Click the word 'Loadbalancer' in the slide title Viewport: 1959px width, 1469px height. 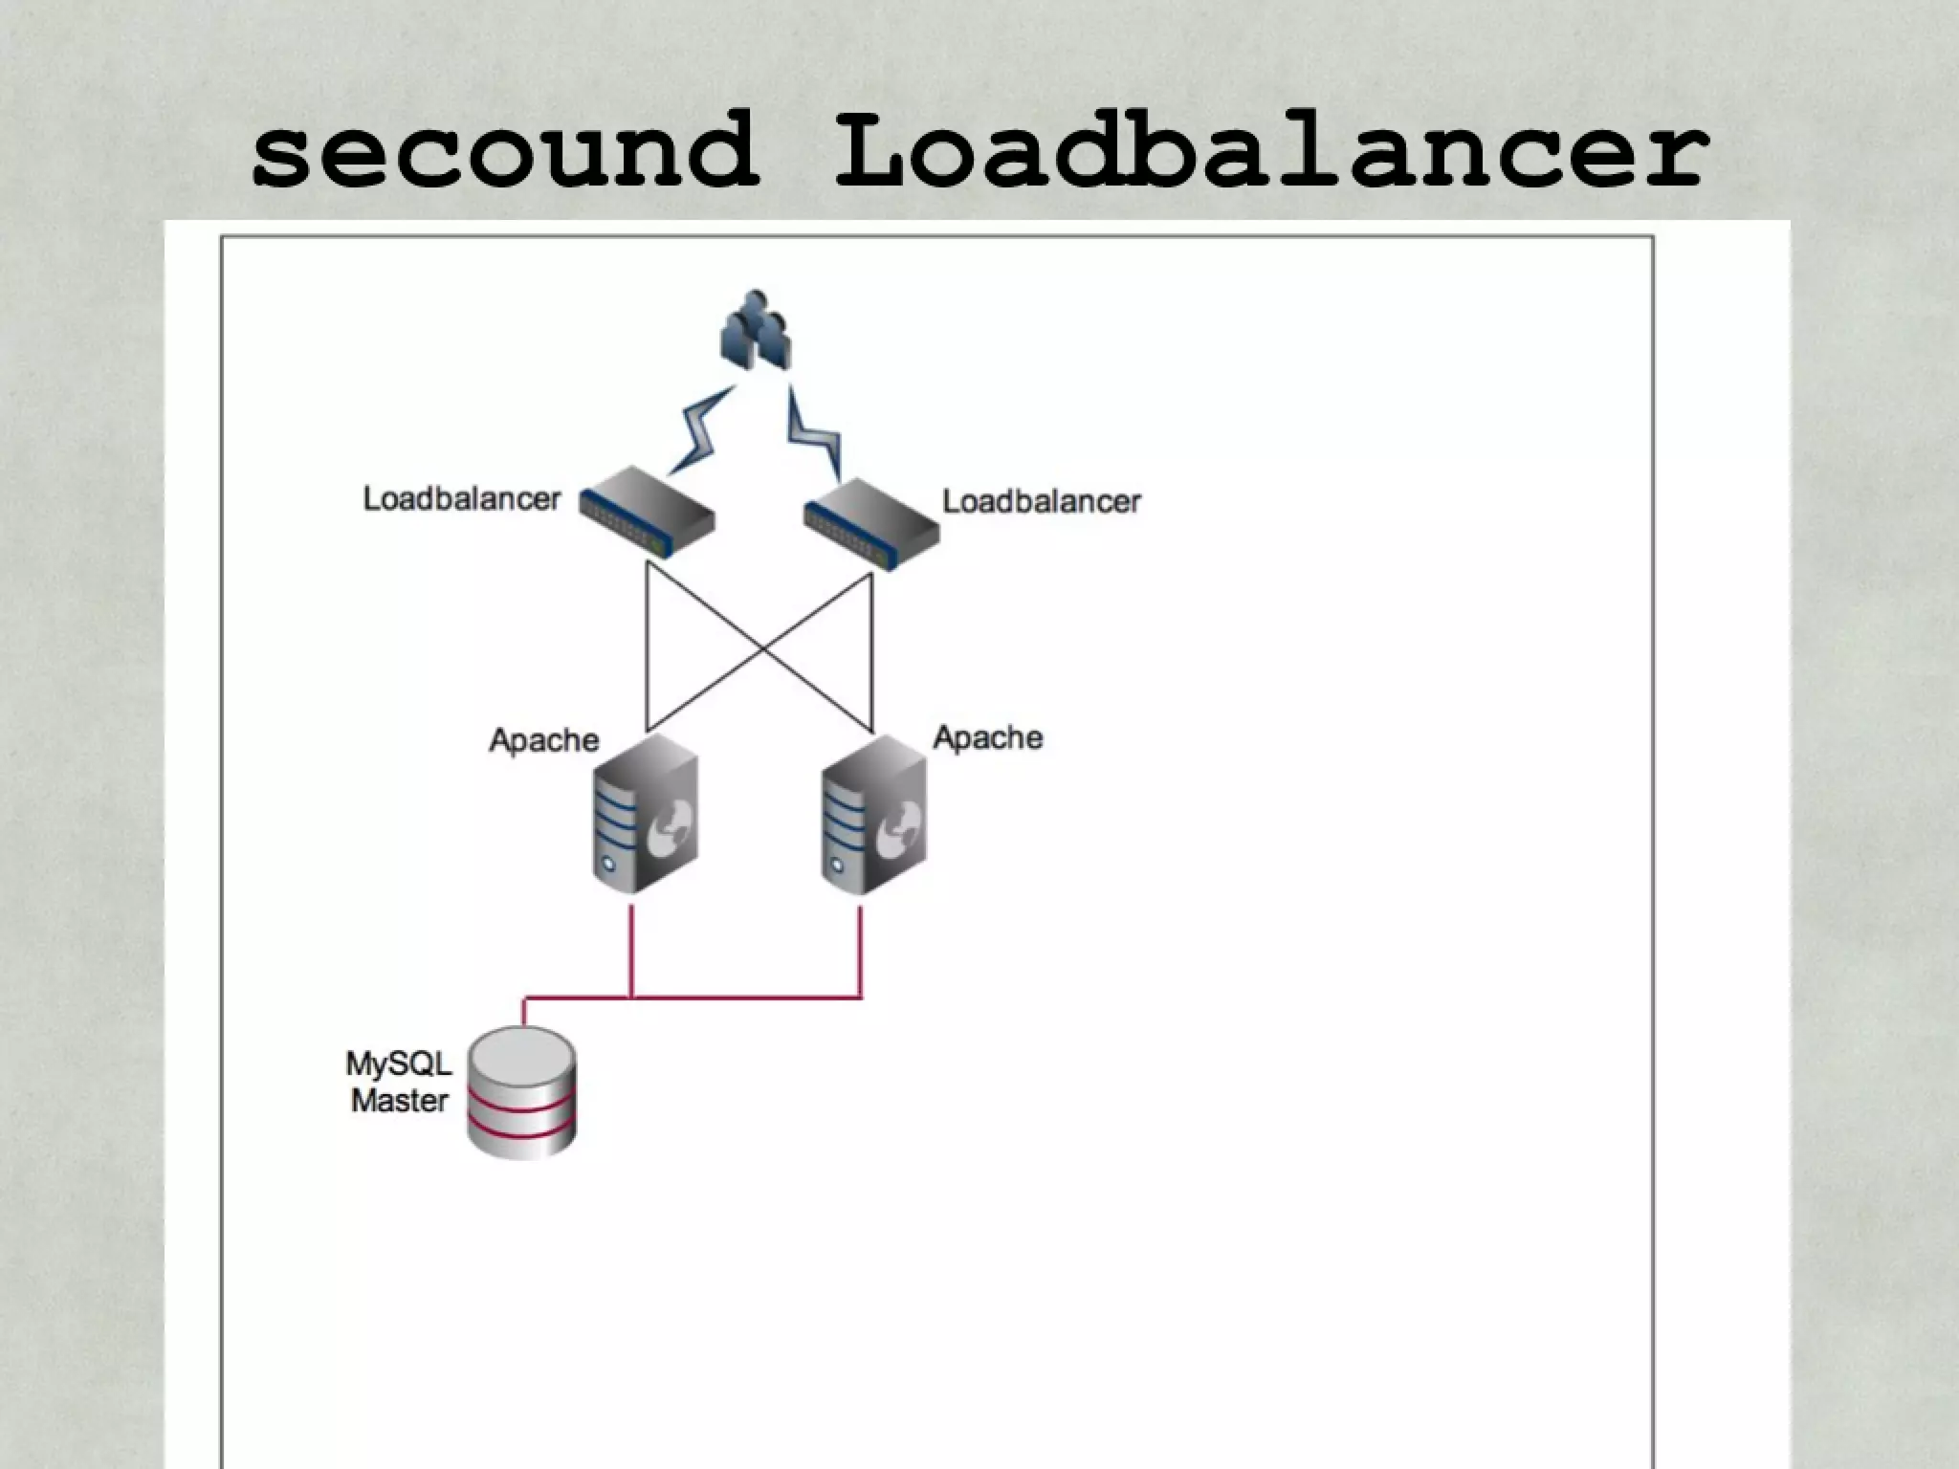pos(1270,151)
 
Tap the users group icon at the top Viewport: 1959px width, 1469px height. pos(756,330)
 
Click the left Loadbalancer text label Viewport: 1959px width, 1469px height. pos(461,499)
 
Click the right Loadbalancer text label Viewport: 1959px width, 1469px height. pos(1041,502)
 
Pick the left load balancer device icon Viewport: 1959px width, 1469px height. pos(648,512)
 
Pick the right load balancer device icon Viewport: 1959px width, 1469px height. pos(870,524)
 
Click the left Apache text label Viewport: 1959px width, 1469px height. pos(543,740)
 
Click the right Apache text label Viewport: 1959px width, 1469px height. pos(987,737)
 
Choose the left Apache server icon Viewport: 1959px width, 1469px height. pos(644,814)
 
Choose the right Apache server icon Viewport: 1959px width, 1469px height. pos(872,814)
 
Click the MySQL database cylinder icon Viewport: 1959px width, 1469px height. pos(521,1092)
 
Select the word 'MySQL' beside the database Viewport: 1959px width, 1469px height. pos(398,1063)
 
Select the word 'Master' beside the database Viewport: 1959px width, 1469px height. pos(399,1101)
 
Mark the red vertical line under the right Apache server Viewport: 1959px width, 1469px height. pos(860,952)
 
